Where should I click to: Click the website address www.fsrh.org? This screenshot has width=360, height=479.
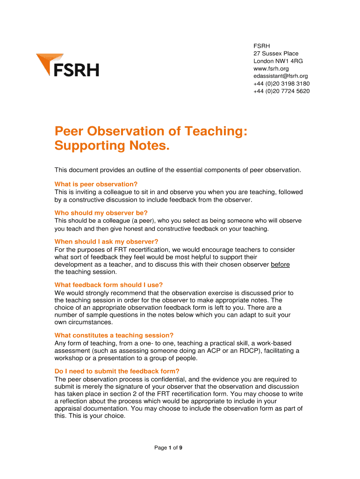[268, 69]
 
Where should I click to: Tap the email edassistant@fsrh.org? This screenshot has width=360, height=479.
[281, 76]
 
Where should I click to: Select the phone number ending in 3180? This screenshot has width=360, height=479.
[281, 84]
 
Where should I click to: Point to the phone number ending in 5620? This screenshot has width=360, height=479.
[281, 91]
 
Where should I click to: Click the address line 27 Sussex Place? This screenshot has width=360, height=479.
[276, 54]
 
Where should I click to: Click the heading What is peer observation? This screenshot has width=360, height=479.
[96, 184]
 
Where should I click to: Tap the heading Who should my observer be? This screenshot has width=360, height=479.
[101, 212]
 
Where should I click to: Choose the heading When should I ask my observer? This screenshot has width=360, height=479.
[107, 242]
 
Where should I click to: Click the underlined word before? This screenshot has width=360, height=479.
[280, 264]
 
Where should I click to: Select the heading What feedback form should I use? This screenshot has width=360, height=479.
[108, 285]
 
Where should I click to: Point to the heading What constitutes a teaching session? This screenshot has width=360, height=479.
[114, 335]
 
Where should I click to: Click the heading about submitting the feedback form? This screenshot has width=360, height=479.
[117, 371]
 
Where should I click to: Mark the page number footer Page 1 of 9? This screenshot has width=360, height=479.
[168, 448]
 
